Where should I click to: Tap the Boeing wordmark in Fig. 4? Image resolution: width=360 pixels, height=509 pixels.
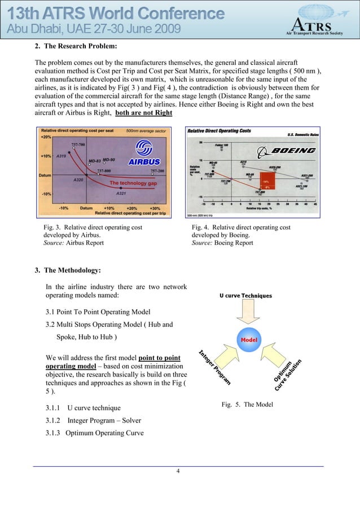293,151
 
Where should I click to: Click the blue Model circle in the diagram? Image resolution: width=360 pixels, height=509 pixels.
249,340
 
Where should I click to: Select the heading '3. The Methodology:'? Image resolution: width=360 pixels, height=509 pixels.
68,270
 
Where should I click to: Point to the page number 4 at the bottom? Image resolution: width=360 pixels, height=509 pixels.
178,472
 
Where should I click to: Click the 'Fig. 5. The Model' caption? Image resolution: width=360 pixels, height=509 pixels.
247,404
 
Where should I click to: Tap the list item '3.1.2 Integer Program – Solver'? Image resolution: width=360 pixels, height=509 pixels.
93,420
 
